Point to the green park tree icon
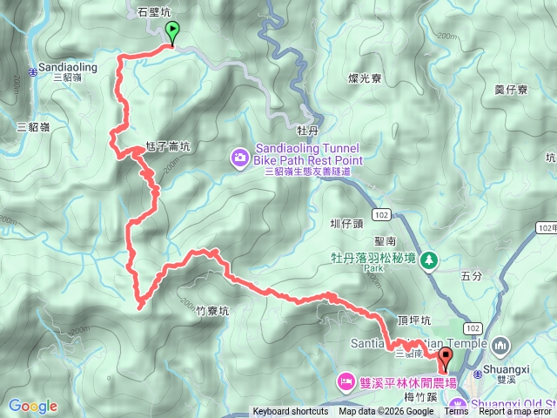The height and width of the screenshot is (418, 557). pos(427,260)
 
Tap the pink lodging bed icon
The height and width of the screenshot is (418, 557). pos(346,381)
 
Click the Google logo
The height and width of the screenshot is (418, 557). pos(32,406)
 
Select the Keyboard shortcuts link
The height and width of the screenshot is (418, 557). pos(291,412)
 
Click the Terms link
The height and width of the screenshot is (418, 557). pos(456,412)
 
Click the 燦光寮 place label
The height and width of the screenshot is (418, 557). pos(366,78)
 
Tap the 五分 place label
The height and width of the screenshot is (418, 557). pos(470,275)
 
